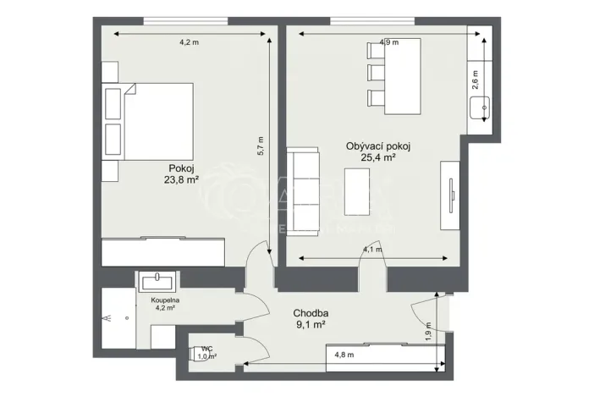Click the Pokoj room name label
(x=181, y=168)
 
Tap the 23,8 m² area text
(x=181, y=179)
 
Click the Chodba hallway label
(x=311, y=313)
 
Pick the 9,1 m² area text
(x=311, y=325)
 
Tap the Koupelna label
(x=163, y=300)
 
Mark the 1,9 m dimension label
(x=429, y=331)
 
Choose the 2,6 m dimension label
(x=476, y=80)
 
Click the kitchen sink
(x=484, y=107)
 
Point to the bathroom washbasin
(x=157, y=282)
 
